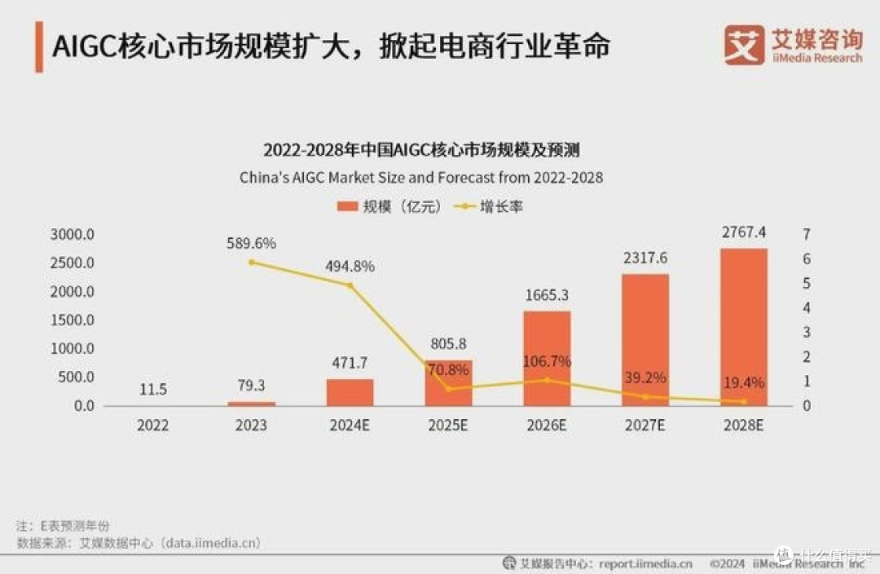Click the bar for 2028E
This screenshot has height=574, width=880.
click(743, 326)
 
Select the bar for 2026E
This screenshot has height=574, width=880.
click(547, 359)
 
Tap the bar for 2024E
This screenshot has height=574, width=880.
click(350, 392)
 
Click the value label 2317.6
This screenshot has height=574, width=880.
click(645, 258)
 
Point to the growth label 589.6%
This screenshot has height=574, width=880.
click(252, 243)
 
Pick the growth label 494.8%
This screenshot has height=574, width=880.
click(350, 266)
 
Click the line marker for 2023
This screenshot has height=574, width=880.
click(252, 262)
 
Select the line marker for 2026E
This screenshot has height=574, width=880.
click(547, 380)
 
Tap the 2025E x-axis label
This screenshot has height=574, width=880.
click(448, 425)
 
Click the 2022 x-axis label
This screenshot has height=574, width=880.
click(153, 425)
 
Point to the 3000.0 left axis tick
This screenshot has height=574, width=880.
click(73, 235)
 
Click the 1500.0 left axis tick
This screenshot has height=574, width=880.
click(73, 320)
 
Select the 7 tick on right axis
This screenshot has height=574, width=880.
click(806, 235)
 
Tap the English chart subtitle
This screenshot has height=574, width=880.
click(421, 177)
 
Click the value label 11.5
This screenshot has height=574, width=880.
click(153, 390)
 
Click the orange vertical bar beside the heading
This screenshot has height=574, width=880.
click(39, 46)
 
